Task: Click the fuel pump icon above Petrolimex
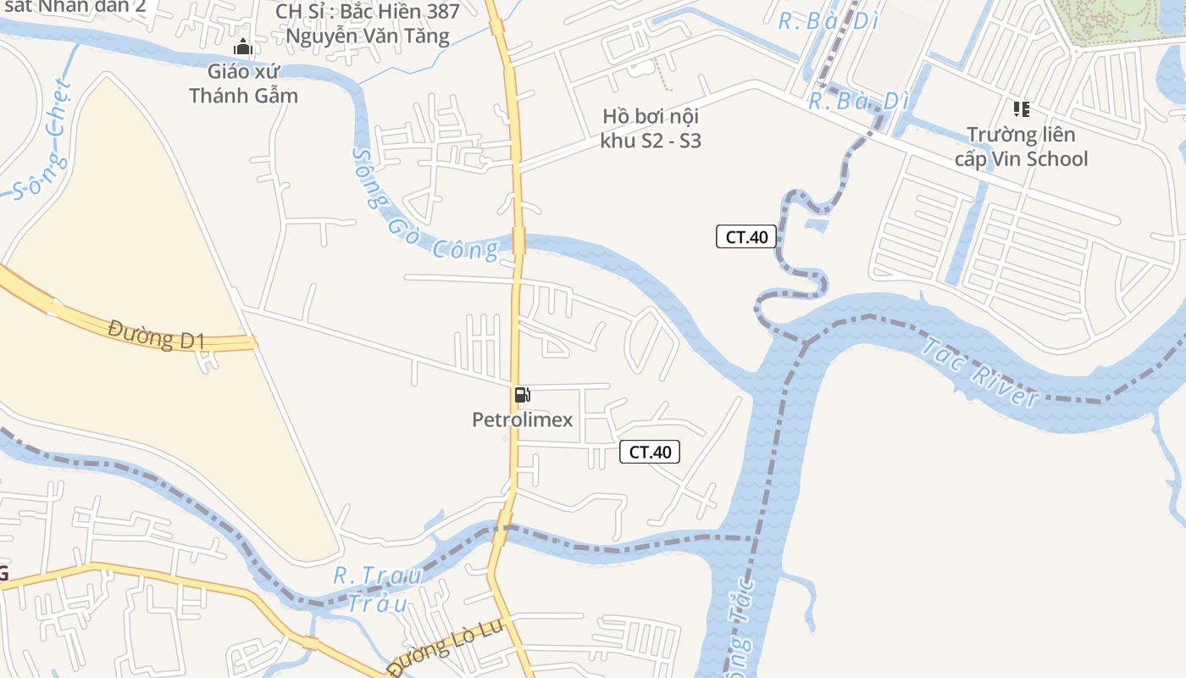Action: [522, 394]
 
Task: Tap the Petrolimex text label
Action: [522, 420]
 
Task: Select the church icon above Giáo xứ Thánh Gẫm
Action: [243, 47]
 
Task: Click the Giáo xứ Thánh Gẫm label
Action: [244, 83]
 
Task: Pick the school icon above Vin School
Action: [1021, 108]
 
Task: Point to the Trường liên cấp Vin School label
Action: [1021, 147]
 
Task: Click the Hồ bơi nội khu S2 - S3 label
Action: [651, 128]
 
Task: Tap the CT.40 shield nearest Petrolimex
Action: [650, 452]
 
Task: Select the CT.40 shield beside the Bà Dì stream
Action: [746, 236]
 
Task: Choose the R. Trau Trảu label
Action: [378, 589]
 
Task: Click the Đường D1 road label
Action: [157, 334]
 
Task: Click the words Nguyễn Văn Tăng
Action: [367, 36]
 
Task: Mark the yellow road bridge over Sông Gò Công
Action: [518, 240]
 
